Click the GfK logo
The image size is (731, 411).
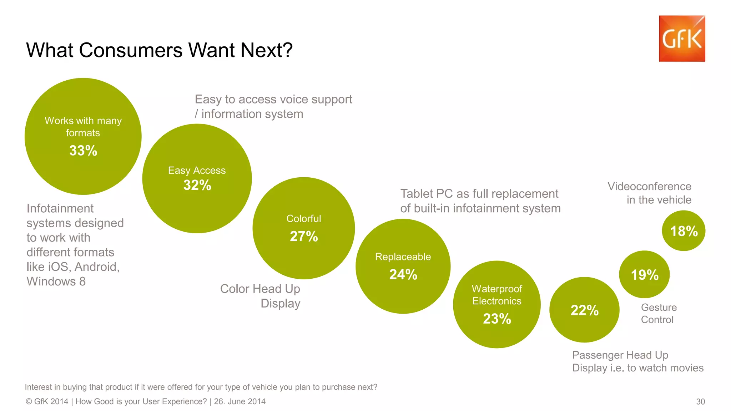[x=682, y=39]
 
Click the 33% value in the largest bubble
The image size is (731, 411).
[x=83, y=151]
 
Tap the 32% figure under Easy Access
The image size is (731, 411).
[x=197, y=185]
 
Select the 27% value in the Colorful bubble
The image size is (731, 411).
[x=304, y=236]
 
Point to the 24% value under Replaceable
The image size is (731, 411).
[x=403, y=274]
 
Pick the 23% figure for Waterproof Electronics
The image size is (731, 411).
[x=497, y=319]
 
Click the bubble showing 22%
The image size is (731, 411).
[x=584, y=310]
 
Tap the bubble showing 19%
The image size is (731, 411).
[x=644, y=275]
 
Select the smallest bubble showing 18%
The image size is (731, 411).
[x=684, y=231]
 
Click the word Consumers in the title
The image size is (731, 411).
[x=131, y=50]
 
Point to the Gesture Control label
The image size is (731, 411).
[x=659, y=313]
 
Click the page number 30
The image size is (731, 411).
[x=700, y=402]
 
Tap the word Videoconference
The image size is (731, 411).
[x=649, y=186]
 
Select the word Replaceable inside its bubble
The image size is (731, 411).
[x=403, y=257]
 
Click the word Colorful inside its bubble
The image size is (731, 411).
[x=304, y=219]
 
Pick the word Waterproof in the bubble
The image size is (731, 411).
[x=497, y=289]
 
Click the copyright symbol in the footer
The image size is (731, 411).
[x=29, y=402]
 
